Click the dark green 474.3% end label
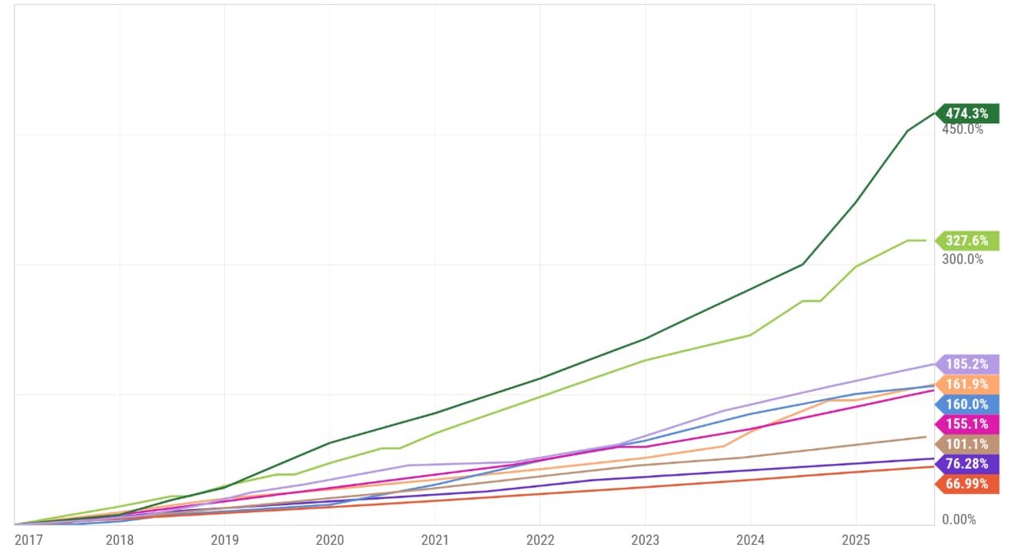tap(967, 113)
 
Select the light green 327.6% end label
tap(967, 241)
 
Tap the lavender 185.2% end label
tap(967, 364)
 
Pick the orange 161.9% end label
tap(967, 384)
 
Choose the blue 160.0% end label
tap(967, 404)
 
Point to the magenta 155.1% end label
tap(967, 424)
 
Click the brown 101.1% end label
tap(967, 443)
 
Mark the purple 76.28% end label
tap(967, 463)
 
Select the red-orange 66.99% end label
tap(967, 484)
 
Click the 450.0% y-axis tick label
tap(962, 129)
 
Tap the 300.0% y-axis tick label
tap(962, 259)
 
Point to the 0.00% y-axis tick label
tap(959, 519)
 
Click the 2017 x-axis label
tap(29, 540)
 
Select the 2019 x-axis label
tap(225, 540)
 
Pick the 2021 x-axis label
tap(435, 540)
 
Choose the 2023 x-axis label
tap(645, 540)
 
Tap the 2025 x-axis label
tap(856, 540)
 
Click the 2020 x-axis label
tap(330, 540)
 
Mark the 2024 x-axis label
tap(750, 540)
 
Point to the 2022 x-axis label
tap(540, 540)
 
